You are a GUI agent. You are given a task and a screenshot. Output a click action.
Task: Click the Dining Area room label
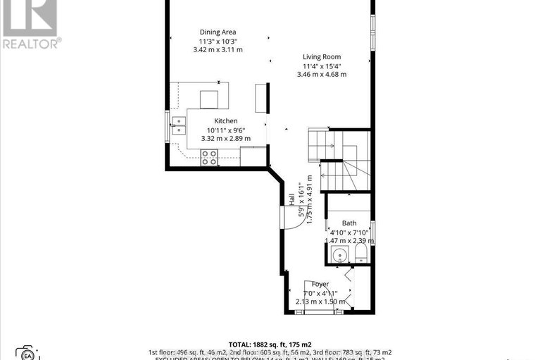[x=218, y=32]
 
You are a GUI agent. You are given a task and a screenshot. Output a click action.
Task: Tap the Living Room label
[x=322, y=56]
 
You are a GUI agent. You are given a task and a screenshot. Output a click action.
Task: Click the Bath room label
[x=349, y=224]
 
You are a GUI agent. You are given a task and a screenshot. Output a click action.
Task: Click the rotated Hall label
[x=291, y=200]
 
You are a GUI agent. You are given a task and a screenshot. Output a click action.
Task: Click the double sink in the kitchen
[x=179, y=125]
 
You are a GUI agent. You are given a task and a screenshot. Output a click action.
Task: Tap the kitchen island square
[x=210, y=99]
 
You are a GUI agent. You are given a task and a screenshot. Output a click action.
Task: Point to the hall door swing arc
[x=297, y=216]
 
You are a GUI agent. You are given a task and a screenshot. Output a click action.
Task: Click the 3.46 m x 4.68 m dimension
[x=322, y=74]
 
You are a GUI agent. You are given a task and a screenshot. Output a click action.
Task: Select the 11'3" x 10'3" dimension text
[x=218, y=41]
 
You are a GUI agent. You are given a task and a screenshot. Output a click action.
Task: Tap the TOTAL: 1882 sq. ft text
[x=270, y=344]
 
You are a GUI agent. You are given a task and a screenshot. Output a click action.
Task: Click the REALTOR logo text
[x=31, y=43]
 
